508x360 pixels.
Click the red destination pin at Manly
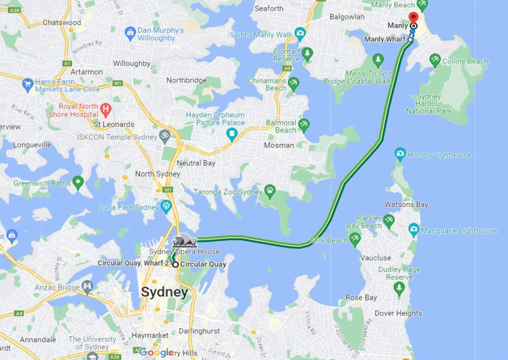(413, 17)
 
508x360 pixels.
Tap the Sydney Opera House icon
(184, 241)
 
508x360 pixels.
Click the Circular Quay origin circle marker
(175, 264)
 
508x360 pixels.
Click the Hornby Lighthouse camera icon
(400, 154)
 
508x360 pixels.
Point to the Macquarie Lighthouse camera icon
(414, 230)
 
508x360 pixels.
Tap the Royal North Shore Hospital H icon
(106, 111)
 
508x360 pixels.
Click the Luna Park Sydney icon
(166, 206)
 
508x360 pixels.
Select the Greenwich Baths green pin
(78, 182)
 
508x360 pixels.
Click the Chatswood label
(62, 23)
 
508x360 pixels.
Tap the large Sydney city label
(165, 292)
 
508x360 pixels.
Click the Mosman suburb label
(278, 145)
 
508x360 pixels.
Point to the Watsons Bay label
(406, 204)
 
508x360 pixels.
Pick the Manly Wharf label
(384, 40)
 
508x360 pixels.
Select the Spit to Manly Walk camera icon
(300, 33)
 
